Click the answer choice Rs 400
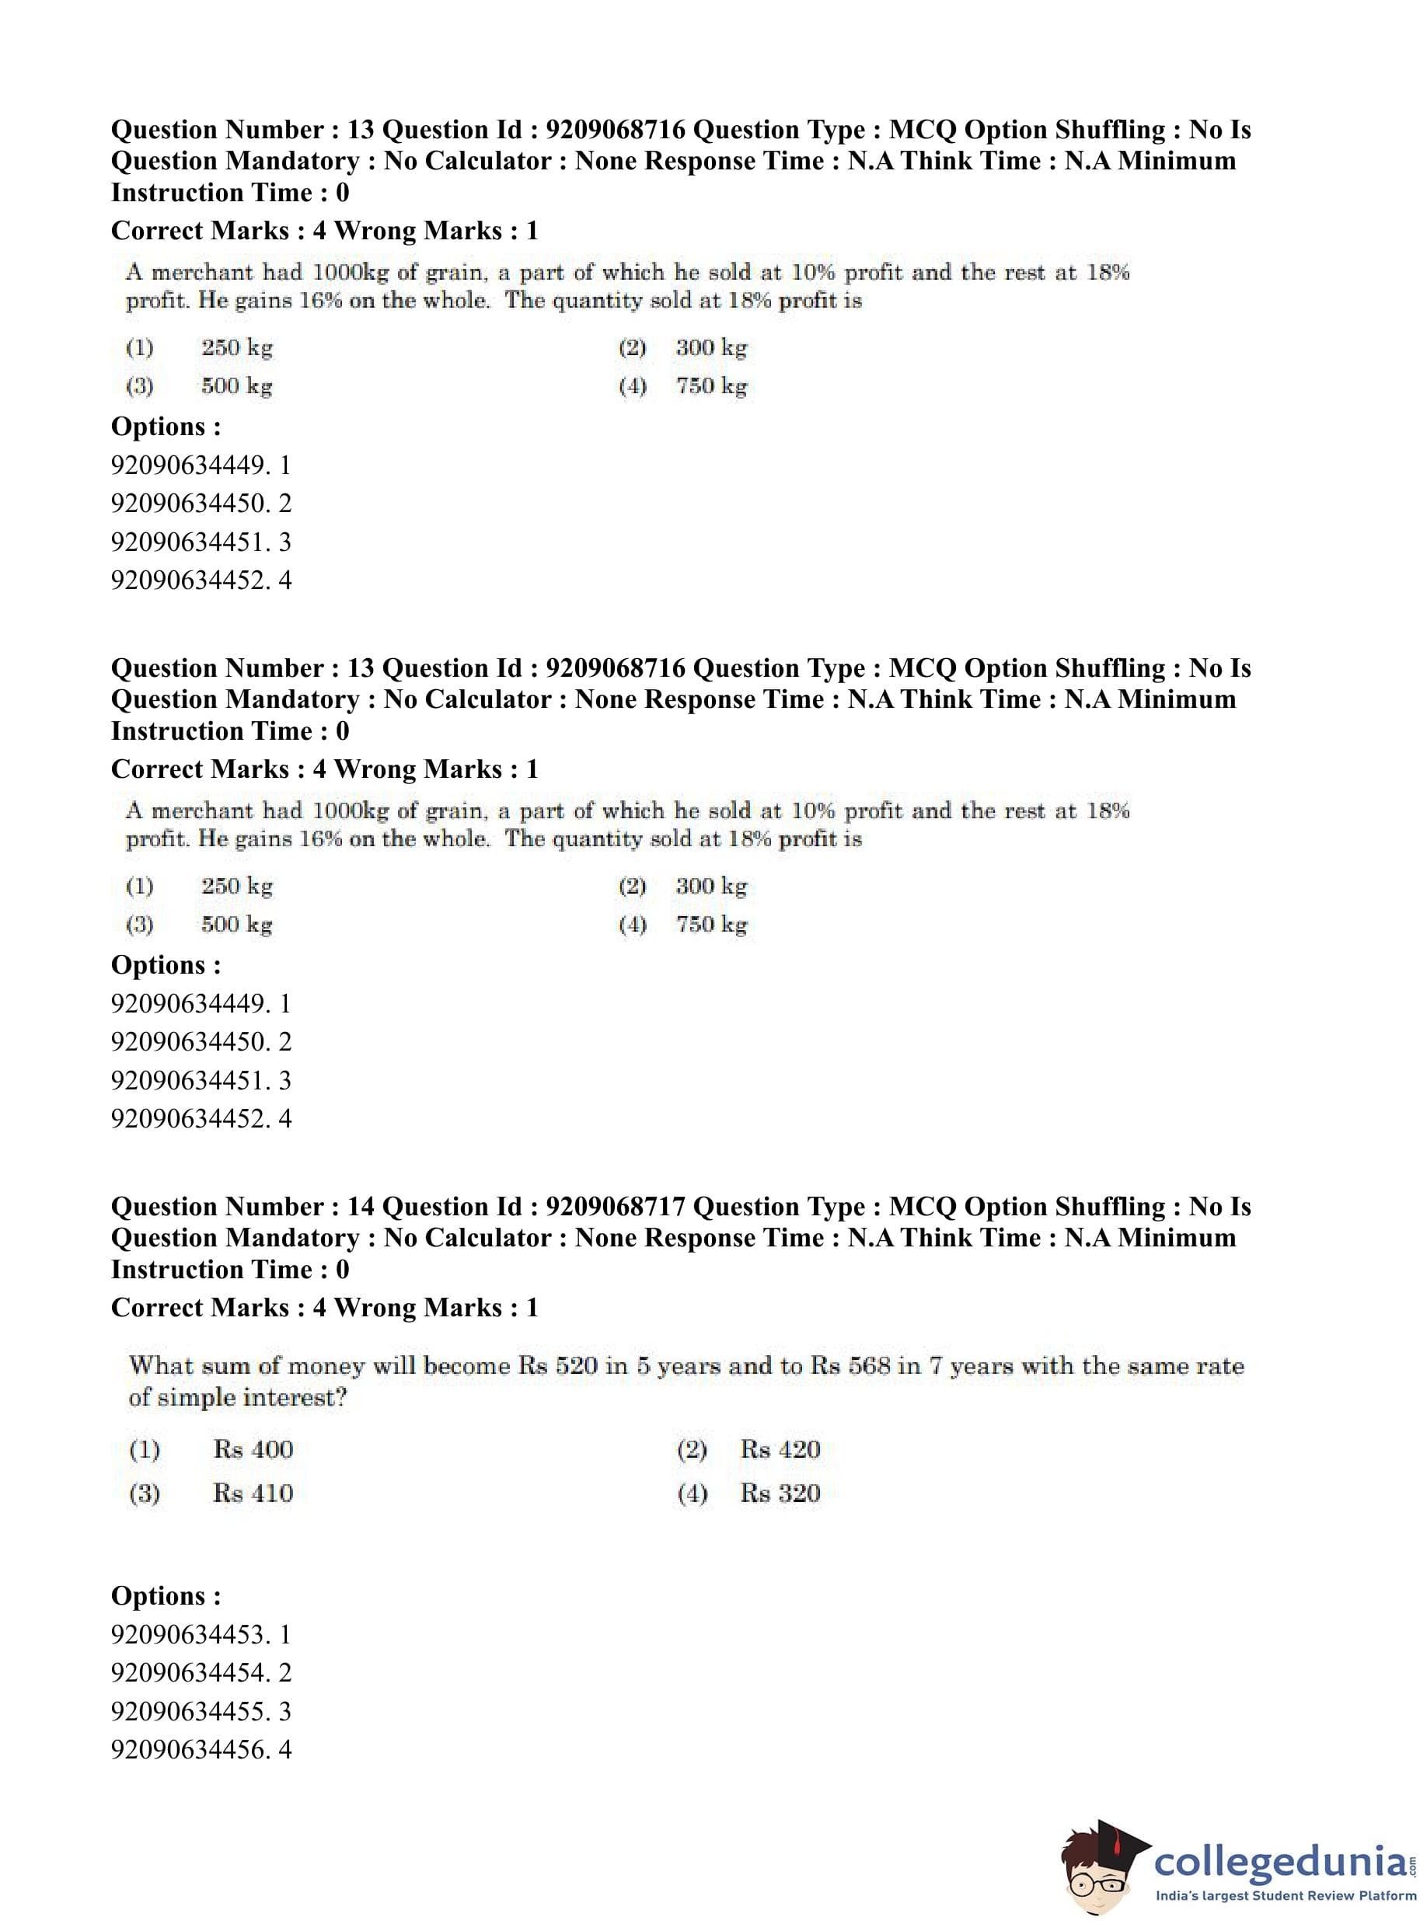253,1450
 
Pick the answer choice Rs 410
253,1493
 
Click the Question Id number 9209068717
615,1207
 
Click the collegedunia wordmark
1279,1862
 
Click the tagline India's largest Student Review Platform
1286,1894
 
